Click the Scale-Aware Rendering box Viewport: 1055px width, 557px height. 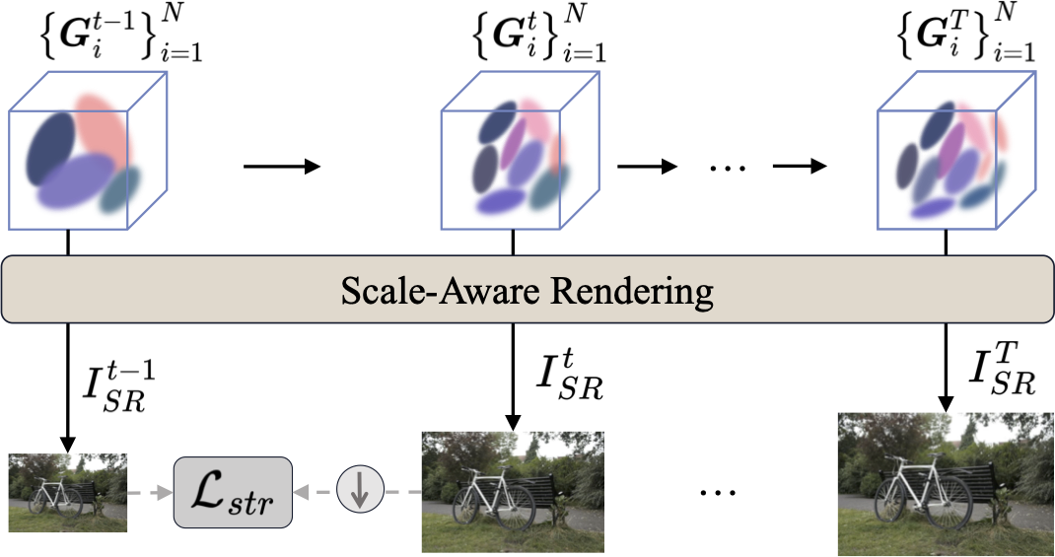tap(527, 291)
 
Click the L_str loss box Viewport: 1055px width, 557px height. tap(233, 491)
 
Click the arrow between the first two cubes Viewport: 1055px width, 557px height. tap(282, 167)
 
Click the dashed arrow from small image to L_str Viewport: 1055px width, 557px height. tap(150, 491)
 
